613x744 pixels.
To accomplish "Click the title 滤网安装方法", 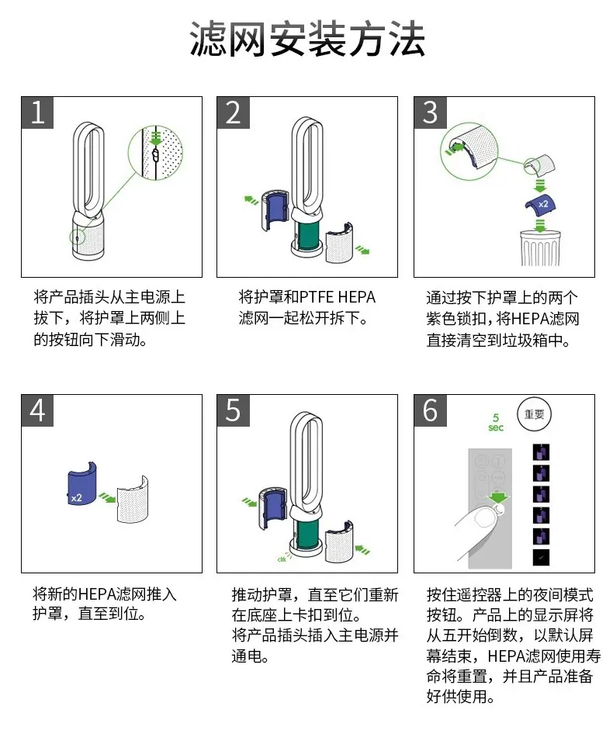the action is [307, 39].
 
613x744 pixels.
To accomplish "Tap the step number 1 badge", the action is [37, 112].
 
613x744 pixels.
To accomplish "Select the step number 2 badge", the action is [233, 112].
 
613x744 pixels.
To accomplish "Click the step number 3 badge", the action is [430, 112].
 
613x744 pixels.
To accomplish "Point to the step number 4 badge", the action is [37, 410].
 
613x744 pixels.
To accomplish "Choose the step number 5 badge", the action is [233, 410].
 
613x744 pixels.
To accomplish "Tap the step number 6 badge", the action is [430, 410].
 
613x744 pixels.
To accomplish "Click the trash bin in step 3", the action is [540, 247].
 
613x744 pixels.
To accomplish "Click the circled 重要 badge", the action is [534, 414].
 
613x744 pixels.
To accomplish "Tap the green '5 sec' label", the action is [496, 422].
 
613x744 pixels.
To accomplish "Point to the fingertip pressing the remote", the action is [483, 517].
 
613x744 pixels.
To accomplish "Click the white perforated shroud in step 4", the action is [133, 499].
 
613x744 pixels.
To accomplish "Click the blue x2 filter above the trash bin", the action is [540, 204].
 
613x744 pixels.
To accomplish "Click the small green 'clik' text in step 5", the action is [282, 559].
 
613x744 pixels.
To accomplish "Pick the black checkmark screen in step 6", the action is [541, 557].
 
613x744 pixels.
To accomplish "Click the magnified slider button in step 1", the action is [155, 154].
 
